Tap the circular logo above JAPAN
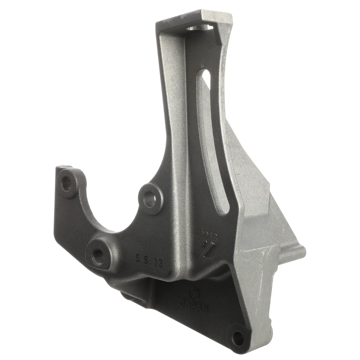[193, 291]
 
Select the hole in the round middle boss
[150, 198]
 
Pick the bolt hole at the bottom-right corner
[237, 339]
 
